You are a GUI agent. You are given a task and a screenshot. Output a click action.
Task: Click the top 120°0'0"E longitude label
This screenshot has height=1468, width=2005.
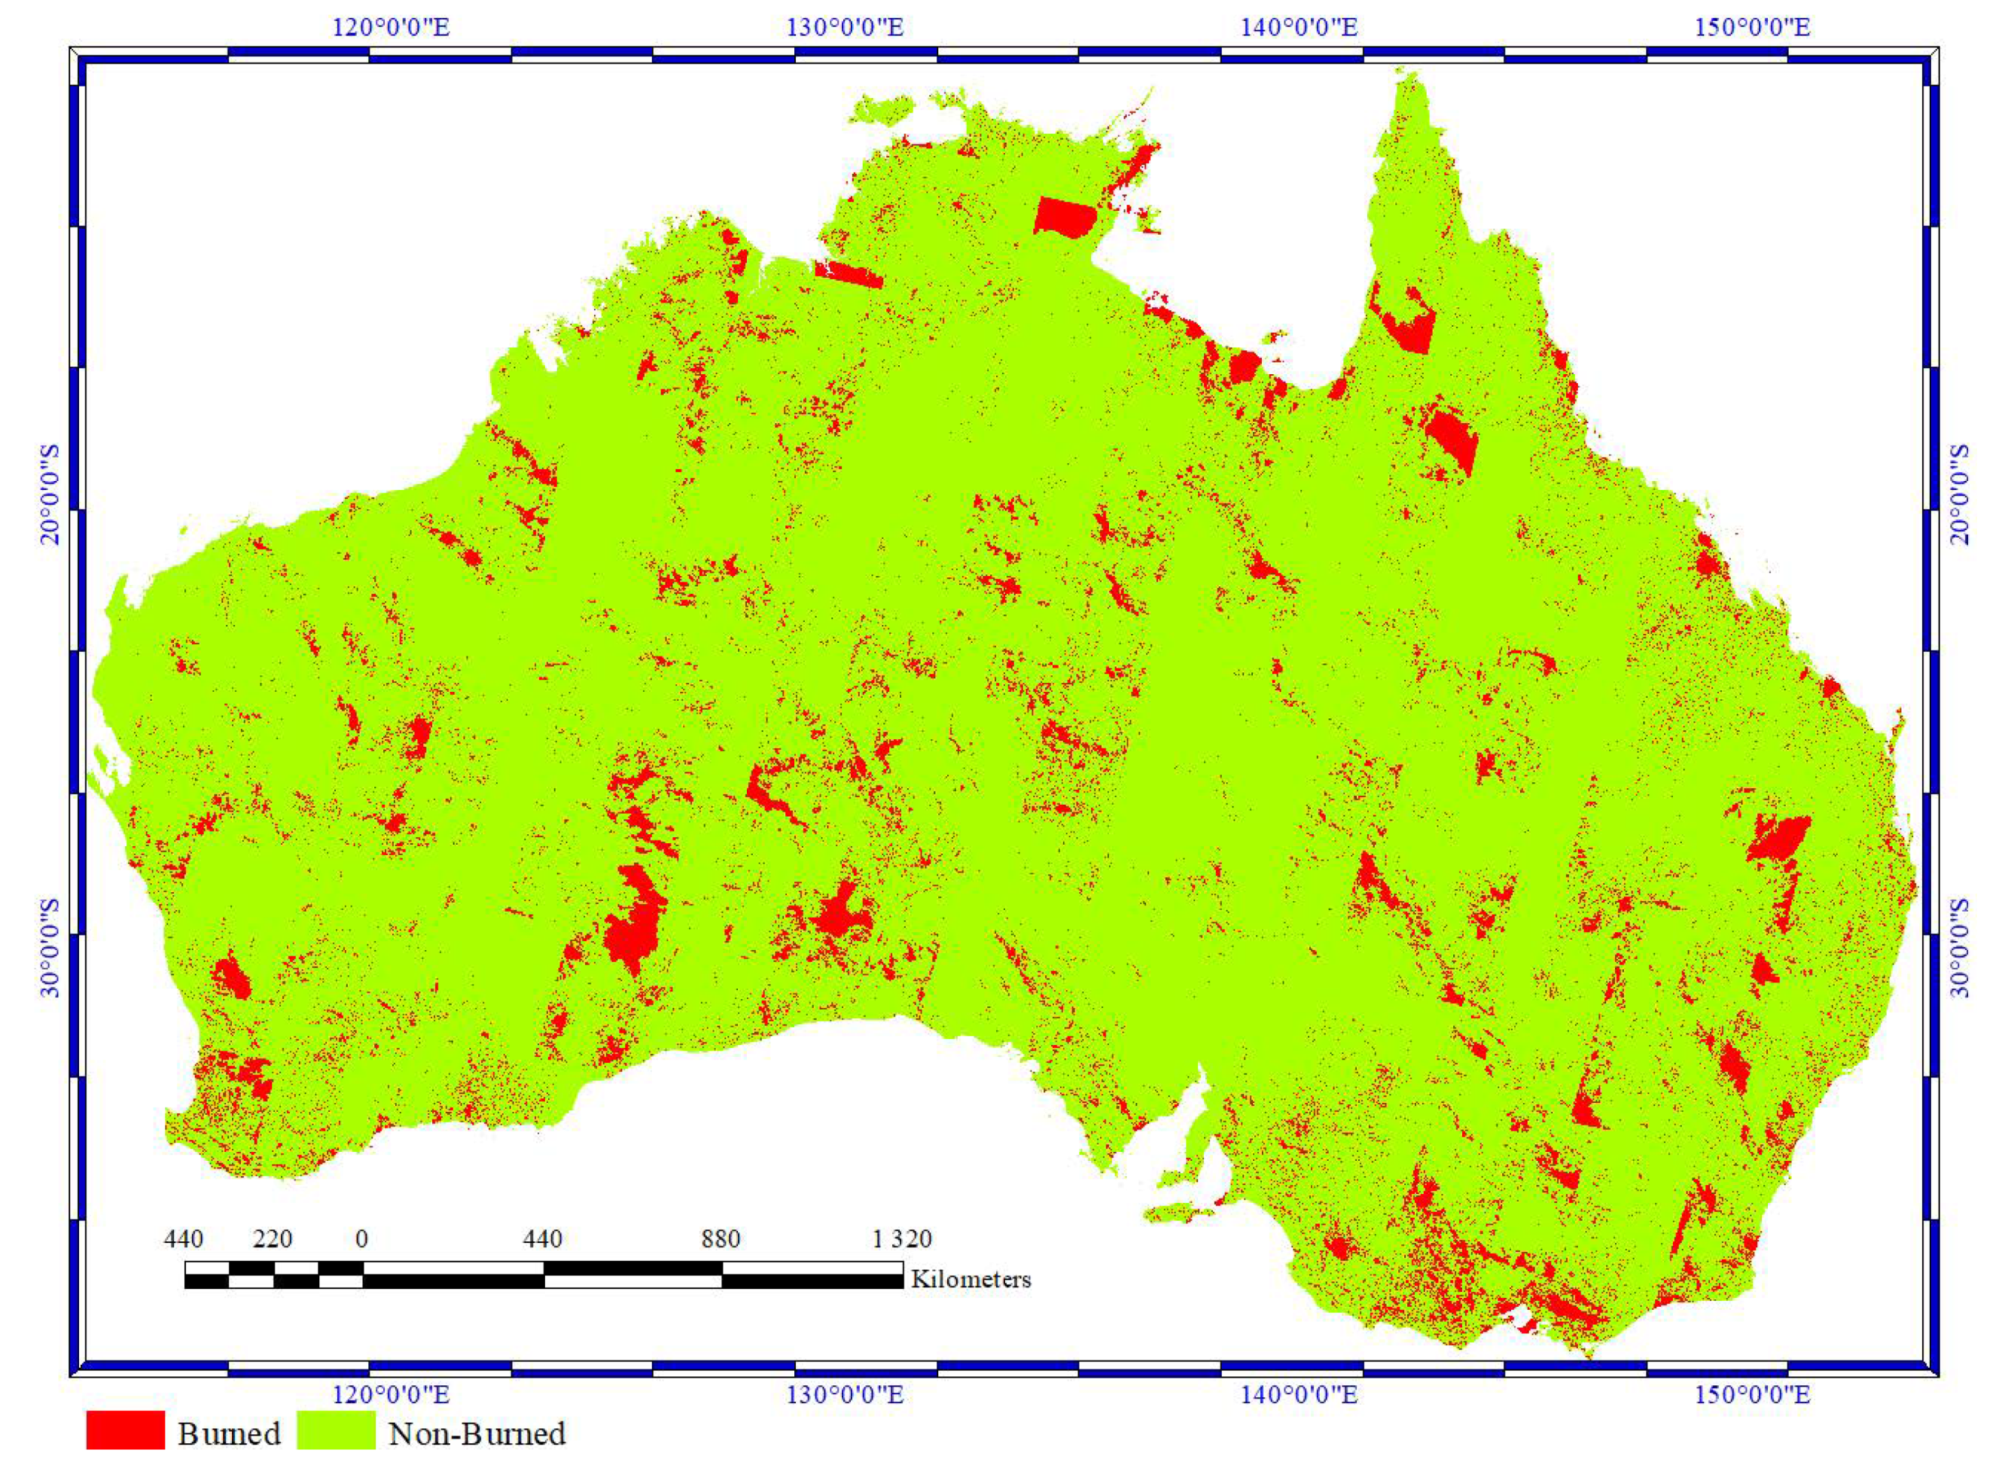click(391, 26)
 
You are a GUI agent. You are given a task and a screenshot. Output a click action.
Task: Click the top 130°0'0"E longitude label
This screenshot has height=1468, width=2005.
click(846, 26)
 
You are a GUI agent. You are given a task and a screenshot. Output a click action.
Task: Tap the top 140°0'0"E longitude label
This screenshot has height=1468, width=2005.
click(1300, 26)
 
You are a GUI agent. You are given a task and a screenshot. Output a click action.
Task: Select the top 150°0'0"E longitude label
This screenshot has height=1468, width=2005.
click(1753, 26)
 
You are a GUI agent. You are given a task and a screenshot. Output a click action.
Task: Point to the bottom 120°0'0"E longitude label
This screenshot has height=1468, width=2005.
click(391, 1394)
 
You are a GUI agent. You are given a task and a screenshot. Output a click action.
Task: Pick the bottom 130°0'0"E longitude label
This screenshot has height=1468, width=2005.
click(846, 1394)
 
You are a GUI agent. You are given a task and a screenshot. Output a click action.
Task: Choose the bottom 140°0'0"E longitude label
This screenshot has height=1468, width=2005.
click(1300, 1394)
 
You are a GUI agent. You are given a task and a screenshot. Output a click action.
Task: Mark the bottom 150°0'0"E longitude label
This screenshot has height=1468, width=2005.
click(1753, 1394)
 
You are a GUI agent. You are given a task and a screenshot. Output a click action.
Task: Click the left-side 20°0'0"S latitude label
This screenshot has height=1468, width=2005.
click(50, 493)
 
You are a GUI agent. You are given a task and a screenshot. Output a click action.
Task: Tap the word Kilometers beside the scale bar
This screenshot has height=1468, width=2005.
click(971, 1280)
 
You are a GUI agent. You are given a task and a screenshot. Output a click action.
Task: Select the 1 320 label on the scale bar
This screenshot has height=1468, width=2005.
click(901, 1238)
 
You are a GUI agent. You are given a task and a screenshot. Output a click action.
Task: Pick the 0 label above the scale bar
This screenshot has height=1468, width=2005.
click(361, 1238)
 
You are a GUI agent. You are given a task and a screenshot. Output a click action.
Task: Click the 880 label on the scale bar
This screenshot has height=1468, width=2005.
click(720, 1238)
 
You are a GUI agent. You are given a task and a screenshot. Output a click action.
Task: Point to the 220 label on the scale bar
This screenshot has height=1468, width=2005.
click(272, 1238)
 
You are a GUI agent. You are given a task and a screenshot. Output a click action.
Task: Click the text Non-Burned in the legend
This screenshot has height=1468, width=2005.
click(477, 1433)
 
